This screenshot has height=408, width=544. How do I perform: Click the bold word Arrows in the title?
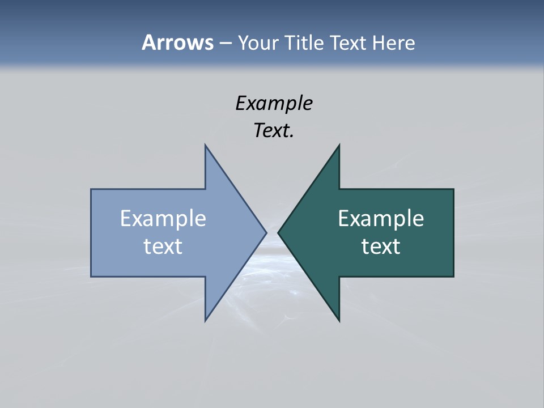(177, 42)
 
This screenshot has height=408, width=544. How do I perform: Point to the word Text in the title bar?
(348, 42)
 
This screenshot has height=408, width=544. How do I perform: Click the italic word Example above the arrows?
(274, 104)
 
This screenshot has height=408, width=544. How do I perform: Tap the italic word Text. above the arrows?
(274, 131)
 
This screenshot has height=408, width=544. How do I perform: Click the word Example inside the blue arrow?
(163, 219)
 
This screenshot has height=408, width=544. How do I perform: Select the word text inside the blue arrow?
(163, 246)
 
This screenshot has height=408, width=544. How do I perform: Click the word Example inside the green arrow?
(381, 219)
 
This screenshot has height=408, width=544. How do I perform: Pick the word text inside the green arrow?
(381, 246)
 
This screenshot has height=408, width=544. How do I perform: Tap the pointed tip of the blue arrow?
(266, 232)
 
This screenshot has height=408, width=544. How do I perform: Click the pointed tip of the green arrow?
(278, 232)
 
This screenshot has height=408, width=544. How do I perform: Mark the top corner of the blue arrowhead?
(205, 145)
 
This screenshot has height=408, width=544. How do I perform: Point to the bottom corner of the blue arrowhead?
(205, 321)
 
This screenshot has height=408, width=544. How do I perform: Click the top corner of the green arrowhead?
(339, 145)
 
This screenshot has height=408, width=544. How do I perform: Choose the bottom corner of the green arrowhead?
(339, 321)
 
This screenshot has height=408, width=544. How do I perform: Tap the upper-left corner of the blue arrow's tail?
(91, 189)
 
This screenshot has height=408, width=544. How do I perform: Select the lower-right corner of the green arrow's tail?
(453, 277)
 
